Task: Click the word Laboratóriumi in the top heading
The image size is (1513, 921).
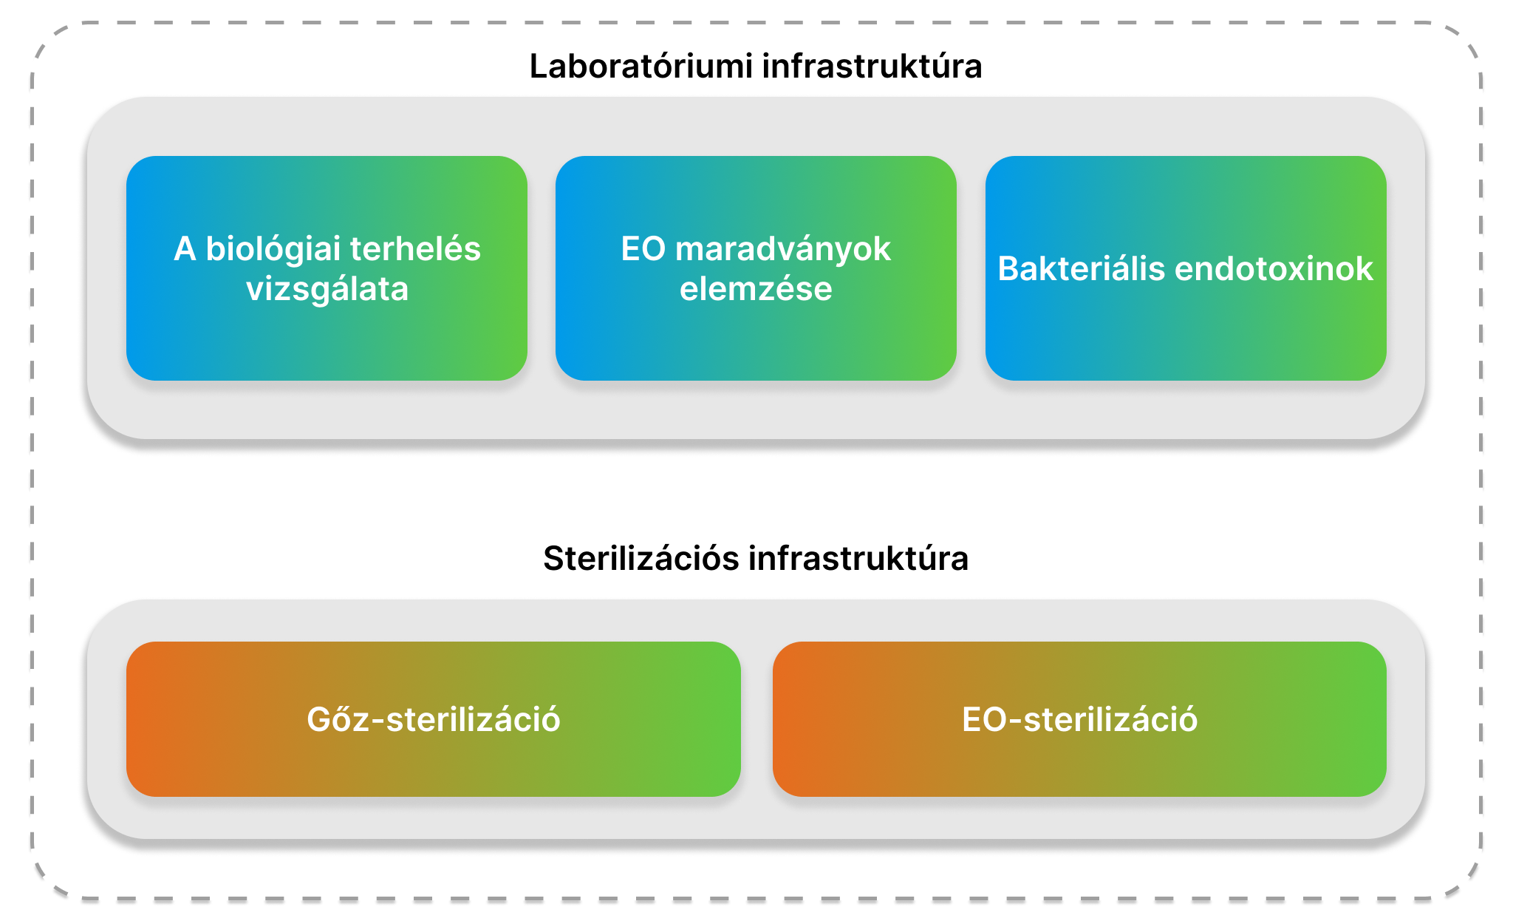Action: click(641, 66)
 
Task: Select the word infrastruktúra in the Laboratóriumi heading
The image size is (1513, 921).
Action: click(872, 66)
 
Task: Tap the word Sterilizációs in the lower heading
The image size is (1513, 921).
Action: click(641, 558)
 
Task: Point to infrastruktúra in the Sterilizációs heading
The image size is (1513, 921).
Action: click(858, 558)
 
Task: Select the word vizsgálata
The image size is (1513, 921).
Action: click(327, 289)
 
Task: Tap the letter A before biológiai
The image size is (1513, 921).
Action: click(185, 249)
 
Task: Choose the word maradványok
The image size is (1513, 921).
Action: click(783, 249)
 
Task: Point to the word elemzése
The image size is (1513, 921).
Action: click(756, 289)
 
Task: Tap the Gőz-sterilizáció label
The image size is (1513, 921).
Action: click(434, 719)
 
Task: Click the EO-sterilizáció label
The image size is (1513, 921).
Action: click(1079, 719)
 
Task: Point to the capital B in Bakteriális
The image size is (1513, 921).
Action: click(1009, 269)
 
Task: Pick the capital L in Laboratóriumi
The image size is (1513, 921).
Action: click(539, 67)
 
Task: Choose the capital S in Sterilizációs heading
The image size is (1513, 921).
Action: click(555, 559)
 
